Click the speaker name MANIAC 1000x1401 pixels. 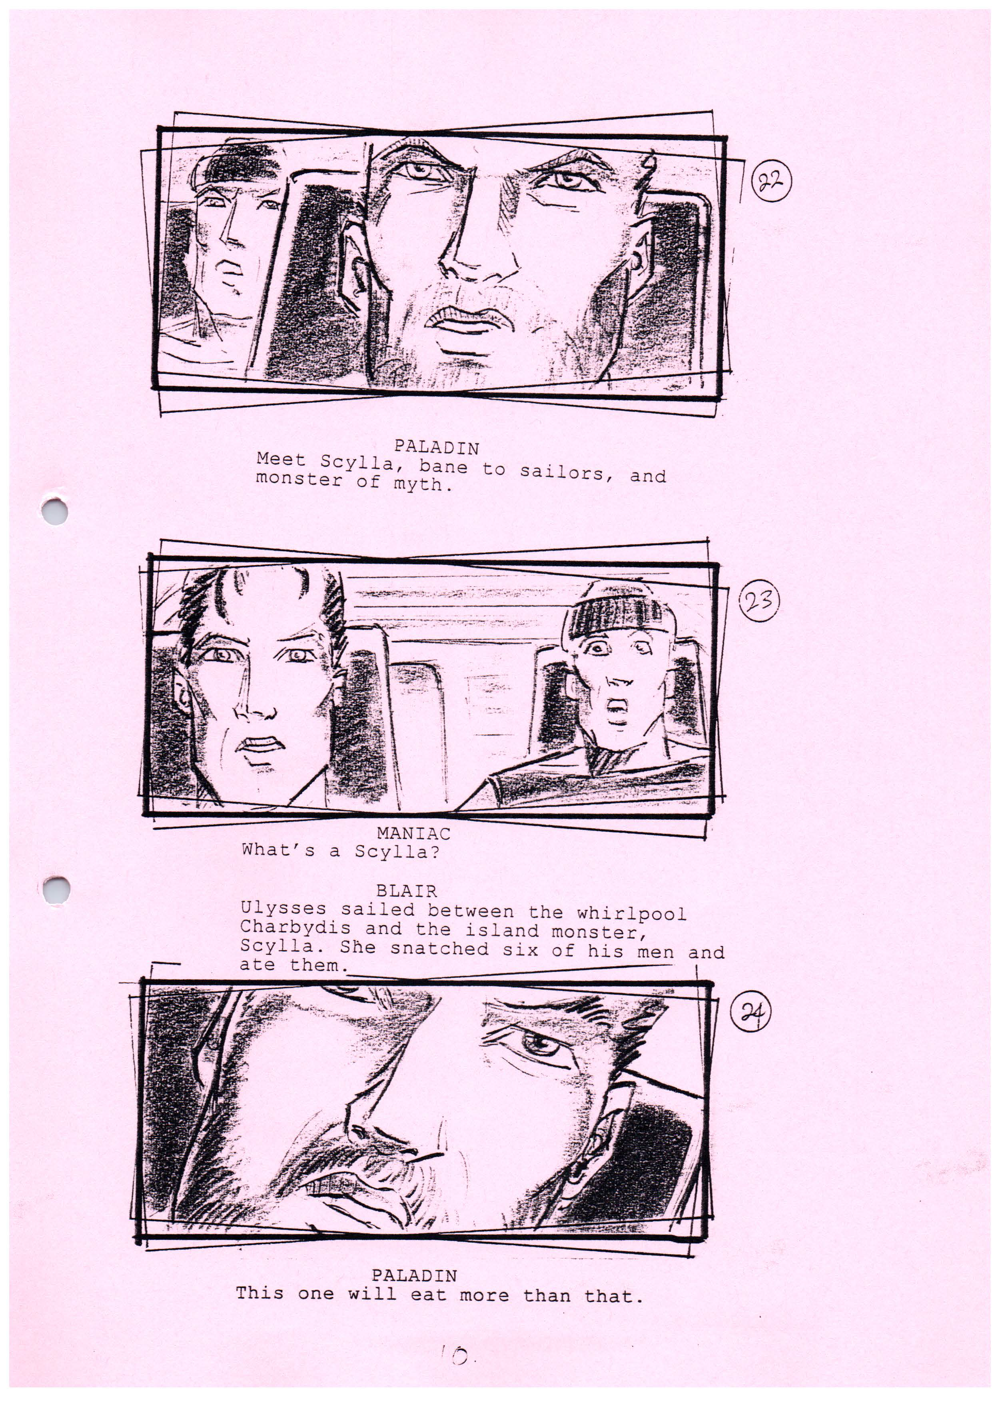point(413,834)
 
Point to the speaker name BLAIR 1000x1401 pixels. point(406,891)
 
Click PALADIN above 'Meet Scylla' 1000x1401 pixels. point(437,446)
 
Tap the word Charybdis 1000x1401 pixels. point(295,927)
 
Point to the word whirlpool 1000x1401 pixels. point(631,913)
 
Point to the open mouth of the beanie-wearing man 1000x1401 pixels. point(614,711)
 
